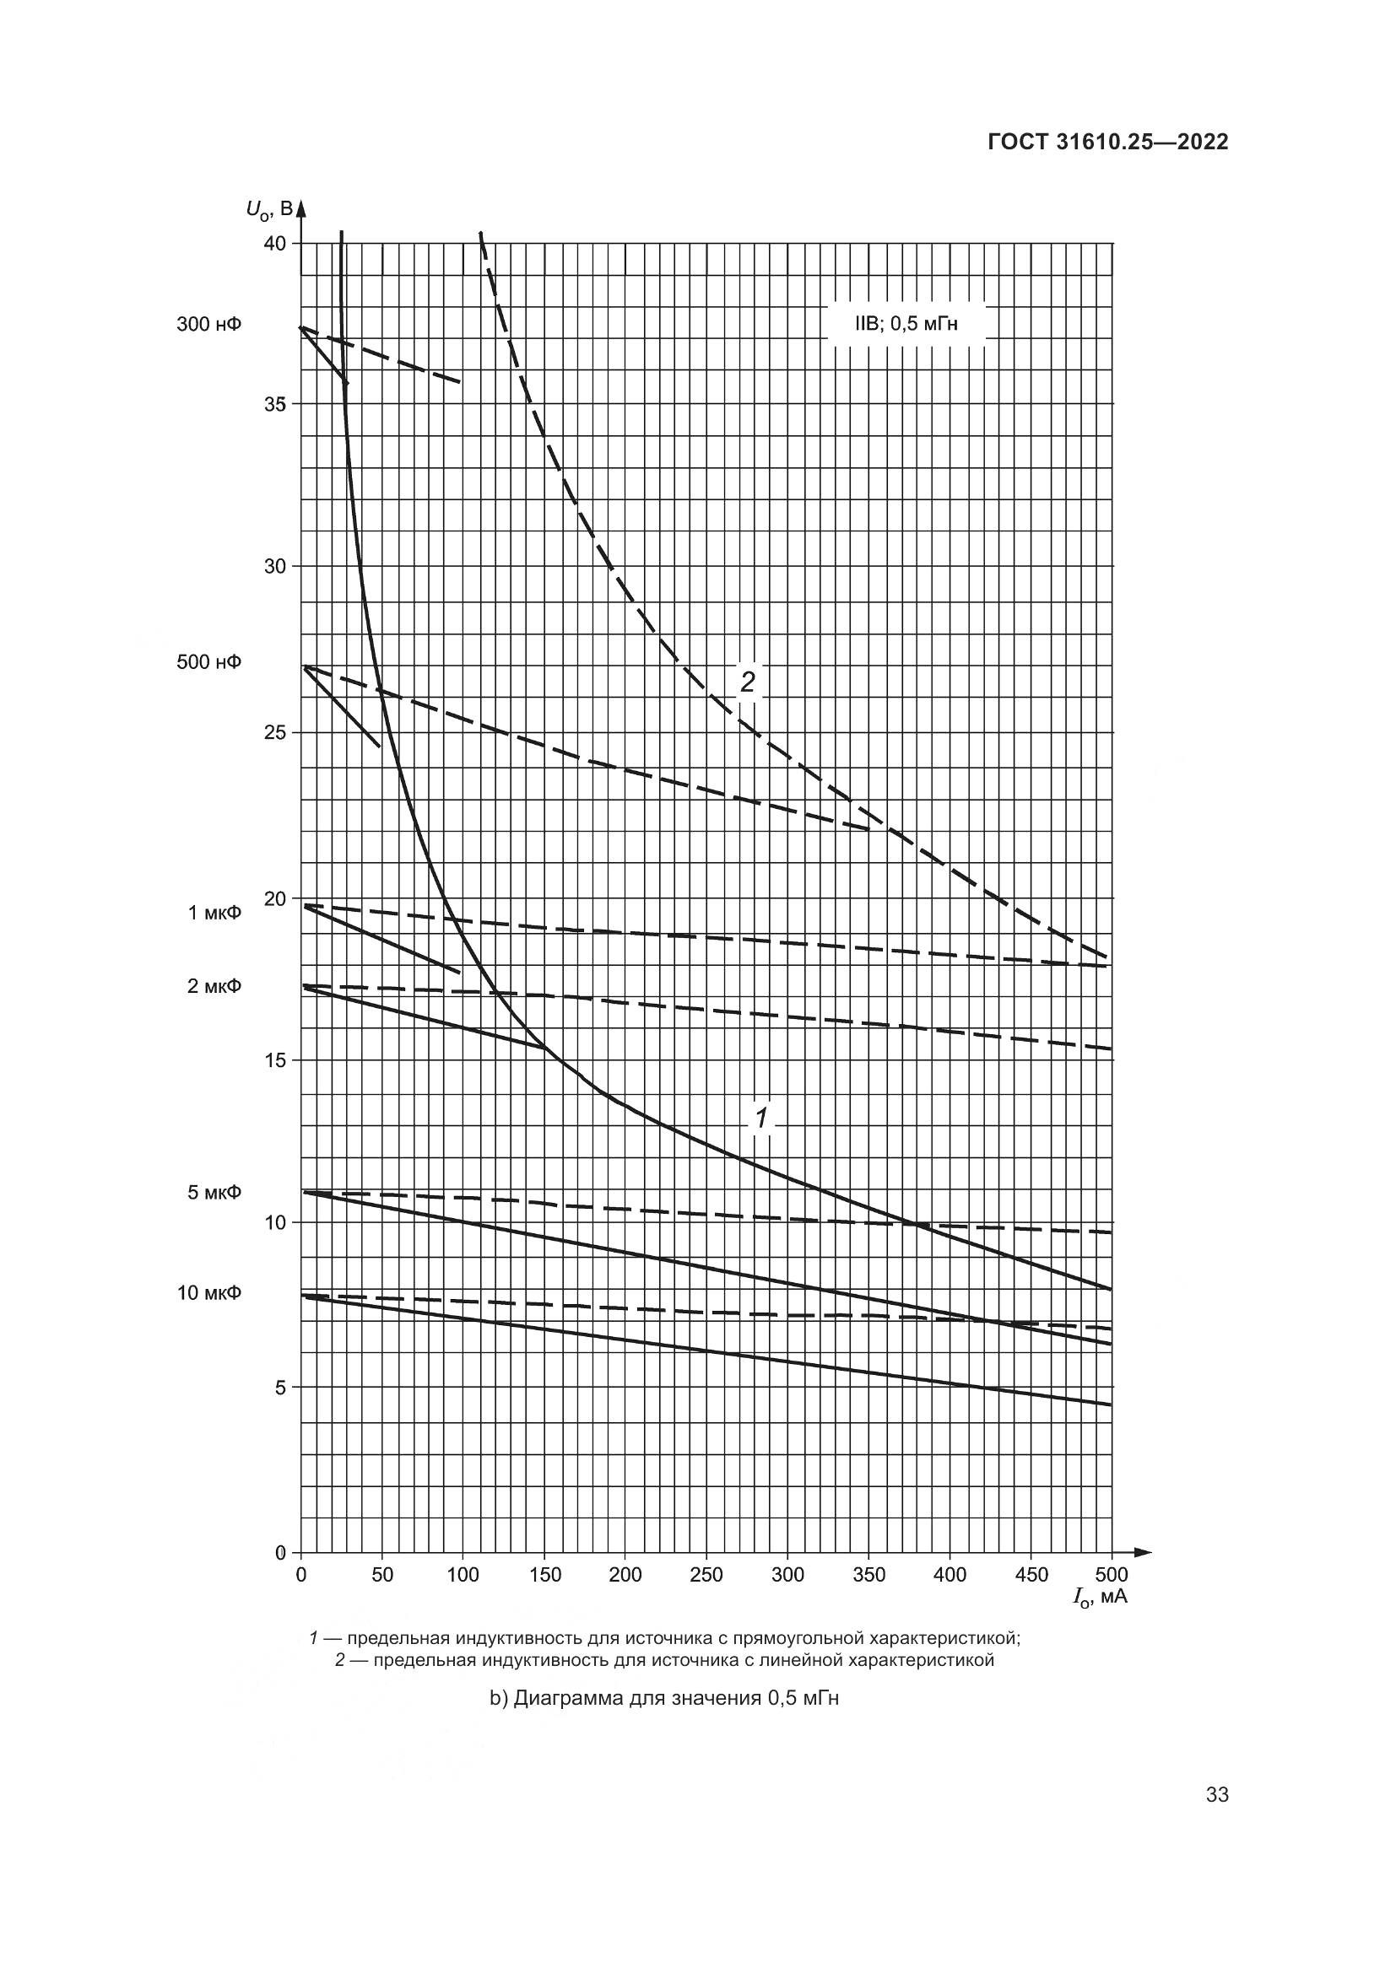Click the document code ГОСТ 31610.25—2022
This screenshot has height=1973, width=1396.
(1107, 143)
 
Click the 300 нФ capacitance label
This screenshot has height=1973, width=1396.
(208, 325)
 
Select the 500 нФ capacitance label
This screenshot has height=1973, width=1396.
(208, 661)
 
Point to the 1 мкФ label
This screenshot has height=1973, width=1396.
(215, 913)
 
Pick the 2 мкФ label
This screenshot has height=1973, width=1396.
(214, 985)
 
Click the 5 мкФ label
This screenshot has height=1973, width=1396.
(214, 1193)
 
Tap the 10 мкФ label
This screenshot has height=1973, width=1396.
(208, 1293)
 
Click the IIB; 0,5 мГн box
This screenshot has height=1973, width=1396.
(906, 325)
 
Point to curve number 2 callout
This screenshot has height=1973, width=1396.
(748, 682)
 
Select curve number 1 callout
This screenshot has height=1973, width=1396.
(761, 1117)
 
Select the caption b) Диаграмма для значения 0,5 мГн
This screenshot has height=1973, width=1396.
(663, 1699)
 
